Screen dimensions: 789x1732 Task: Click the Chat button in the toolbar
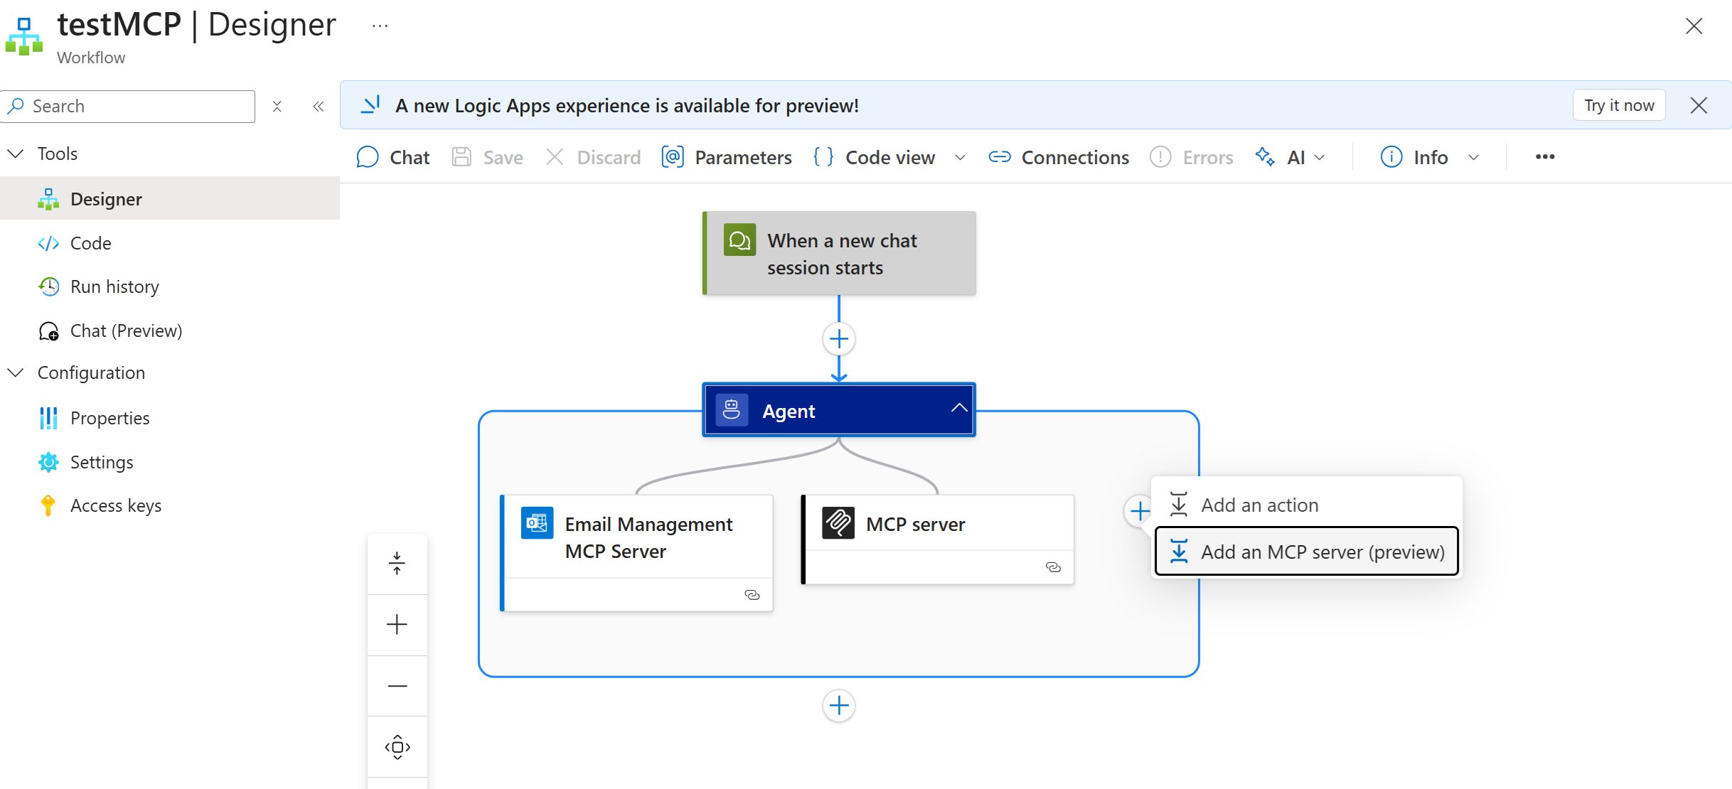[x=393, y=157]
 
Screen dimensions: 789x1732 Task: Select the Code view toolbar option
[x=875, y=157]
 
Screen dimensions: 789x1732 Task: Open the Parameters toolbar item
[x=727, y=157]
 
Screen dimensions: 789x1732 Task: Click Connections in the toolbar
[x=1059, y=157]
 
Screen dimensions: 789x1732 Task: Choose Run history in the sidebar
[x=114, y=286]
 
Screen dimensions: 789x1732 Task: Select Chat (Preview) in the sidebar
[x=125, y=331]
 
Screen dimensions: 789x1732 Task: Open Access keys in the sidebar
[x=115, y=505]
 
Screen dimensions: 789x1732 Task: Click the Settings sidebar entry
[x=101, y=462]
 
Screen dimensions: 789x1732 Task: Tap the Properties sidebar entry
[x=109, y=418]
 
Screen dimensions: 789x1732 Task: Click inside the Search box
[x=135, y=106]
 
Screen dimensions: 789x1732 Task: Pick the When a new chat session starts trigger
[x=839, y=254]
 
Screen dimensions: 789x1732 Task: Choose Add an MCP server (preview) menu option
[x=1307, y=552]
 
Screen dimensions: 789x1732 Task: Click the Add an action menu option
[x=1258, y=505]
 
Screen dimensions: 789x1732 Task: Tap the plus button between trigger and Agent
[x=839, y=339]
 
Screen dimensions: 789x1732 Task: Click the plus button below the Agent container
[x=839, y=706]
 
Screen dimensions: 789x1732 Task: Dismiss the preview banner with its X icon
[x=1699, y=105]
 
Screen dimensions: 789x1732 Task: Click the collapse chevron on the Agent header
[x=959, y=408]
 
